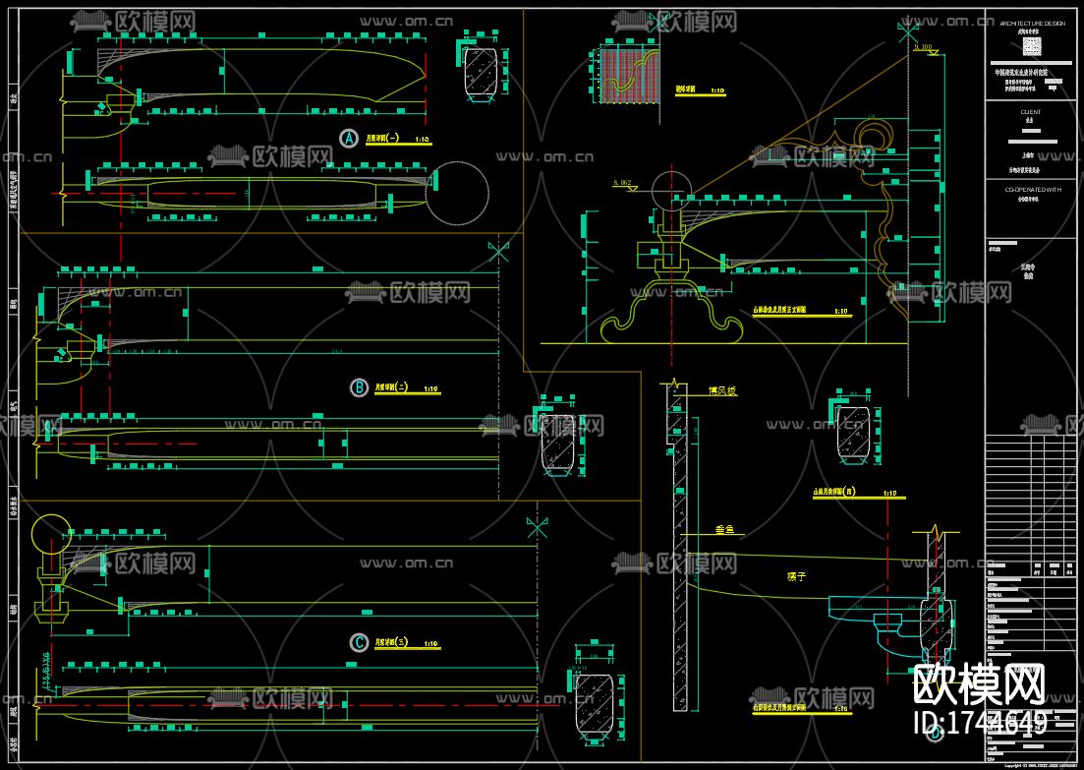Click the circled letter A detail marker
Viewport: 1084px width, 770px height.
(x=347, y=139)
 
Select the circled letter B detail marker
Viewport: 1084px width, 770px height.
(x=360, y=387)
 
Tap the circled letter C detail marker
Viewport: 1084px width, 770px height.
(x=360, y=642)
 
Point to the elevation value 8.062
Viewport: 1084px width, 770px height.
(x=623, y=183)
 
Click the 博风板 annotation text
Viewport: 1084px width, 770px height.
(x=722, y=391)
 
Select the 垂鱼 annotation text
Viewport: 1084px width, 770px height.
(x=724, y=530)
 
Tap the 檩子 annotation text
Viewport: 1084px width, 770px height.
(x=796, y=577)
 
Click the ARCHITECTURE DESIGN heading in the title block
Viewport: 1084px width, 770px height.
(x=1032, y=22)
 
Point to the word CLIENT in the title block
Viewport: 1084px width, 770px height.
(x=1031, y=112)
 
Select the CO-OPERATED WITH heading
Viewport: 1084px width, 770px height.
(x=1031, y=188)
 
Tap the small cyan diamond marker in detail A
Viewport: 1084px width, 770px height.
(x=100, y=106)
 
